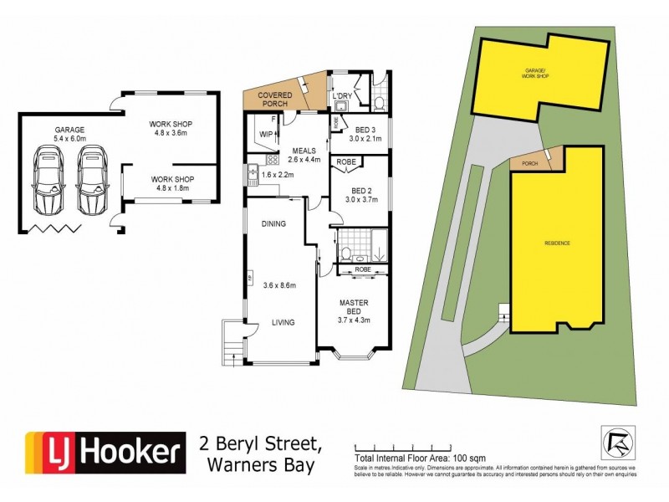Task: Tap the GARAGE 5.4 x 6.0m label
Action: [x=69, y=136]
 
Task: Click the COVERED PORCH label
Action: [x=275, y=100]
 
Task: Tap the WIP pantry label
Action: [x=268, y=134]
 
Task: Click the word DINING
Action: [x=273, y=224]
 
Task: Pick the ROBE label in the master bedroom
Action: [x=361, y=270]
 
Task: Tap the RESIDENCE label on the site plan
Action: [x=558, y=243]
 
